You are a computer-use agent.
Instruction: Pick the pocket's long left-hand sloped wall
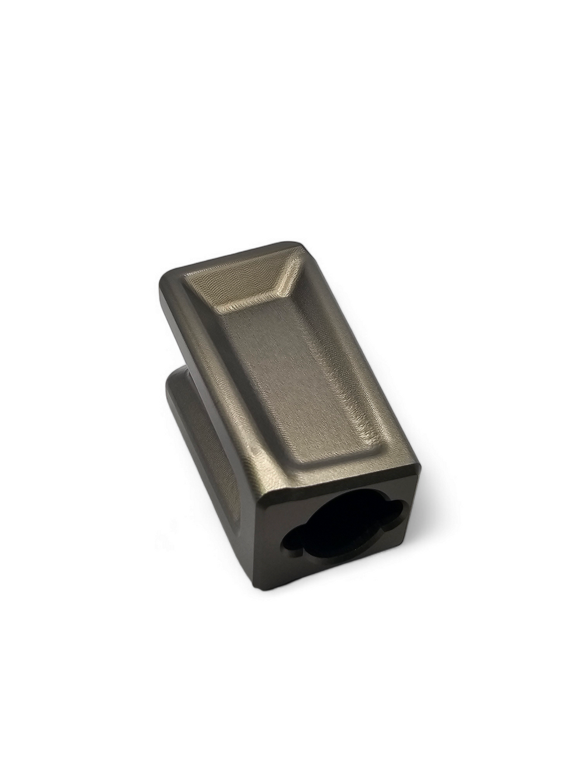[245, 374]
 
